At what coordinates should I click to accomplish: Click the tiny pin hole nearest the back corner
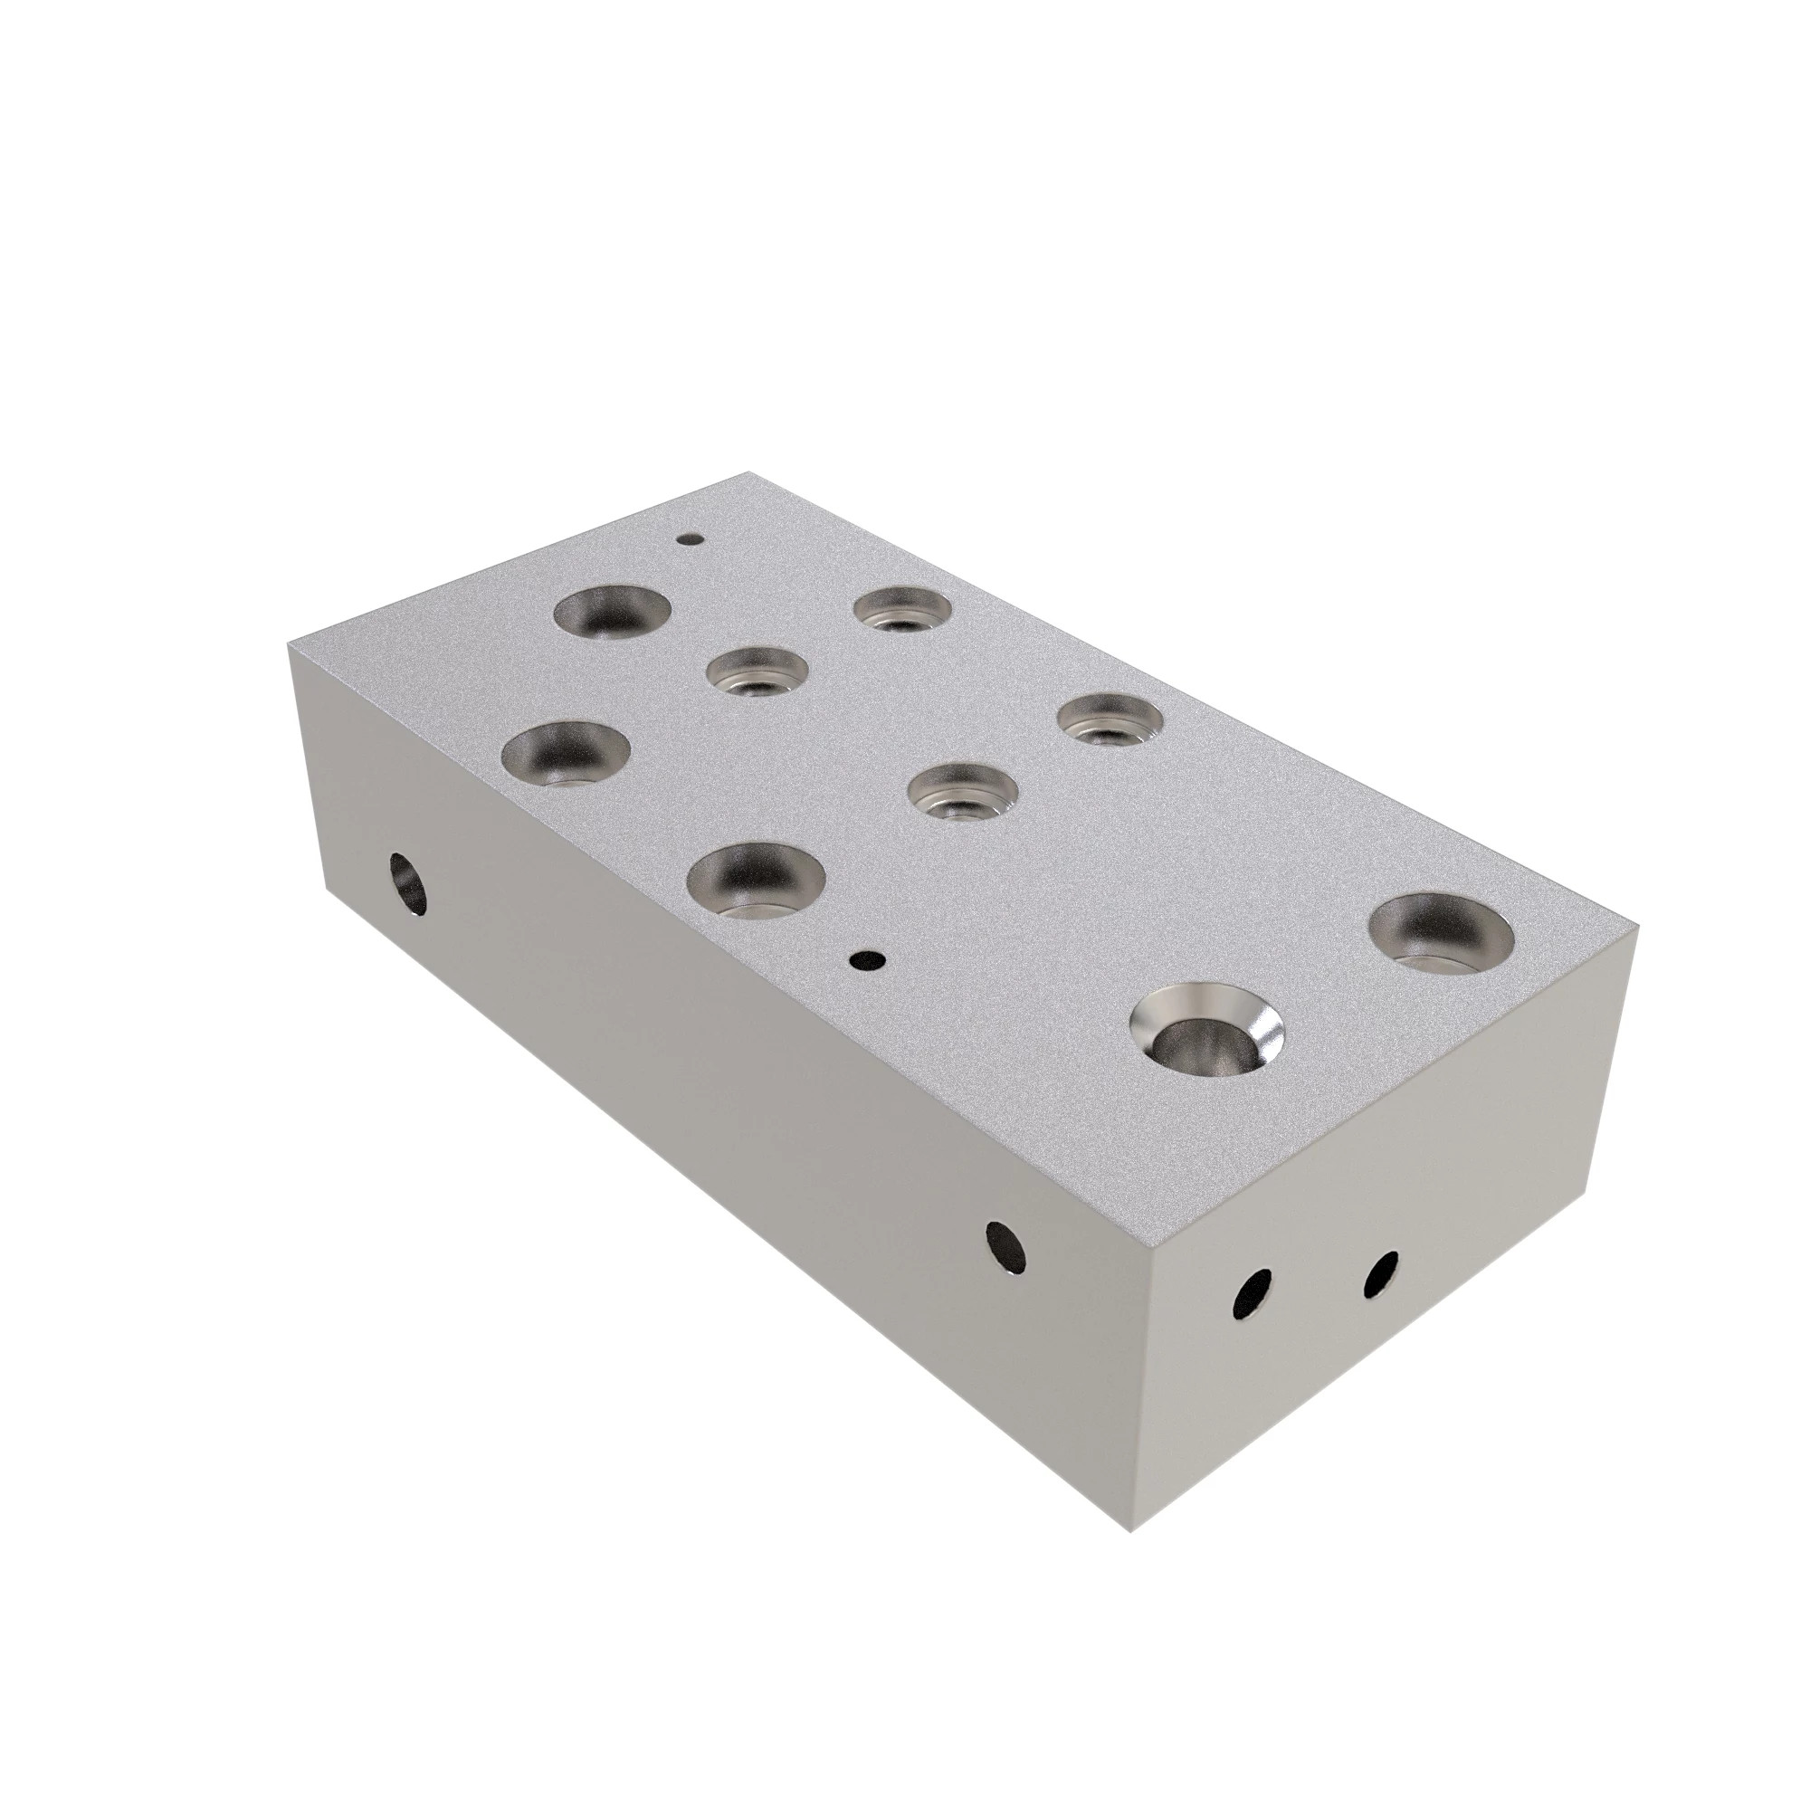click(x=691, y=539)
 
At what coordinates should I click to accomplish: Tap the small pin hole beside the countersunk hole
click(x=869, y=959)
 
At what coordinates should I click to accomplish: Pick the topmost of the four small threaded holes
click(x=902, y=610)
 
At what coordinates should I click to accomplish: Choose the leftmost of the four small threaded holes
click(x=757, y=672)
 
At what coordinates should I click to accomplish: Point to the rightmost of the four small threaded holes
click(x=1110, y=719)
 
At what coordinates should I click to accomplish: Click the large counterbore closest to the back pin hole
click(x=613, y=613)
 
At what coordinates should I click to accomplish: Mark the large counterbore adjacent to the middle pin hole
click(x=755, y=877)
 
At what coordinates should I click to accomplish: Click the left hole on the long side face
click(x=407, y=884)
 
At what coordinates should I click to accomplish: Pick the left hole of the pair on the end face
click(x=1253, y=1296)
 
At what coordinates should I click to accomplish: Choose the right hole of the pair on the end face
click(x=1381, y=1275)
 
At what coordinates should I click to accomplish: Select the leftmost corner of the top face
click(x=290, y=643)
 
